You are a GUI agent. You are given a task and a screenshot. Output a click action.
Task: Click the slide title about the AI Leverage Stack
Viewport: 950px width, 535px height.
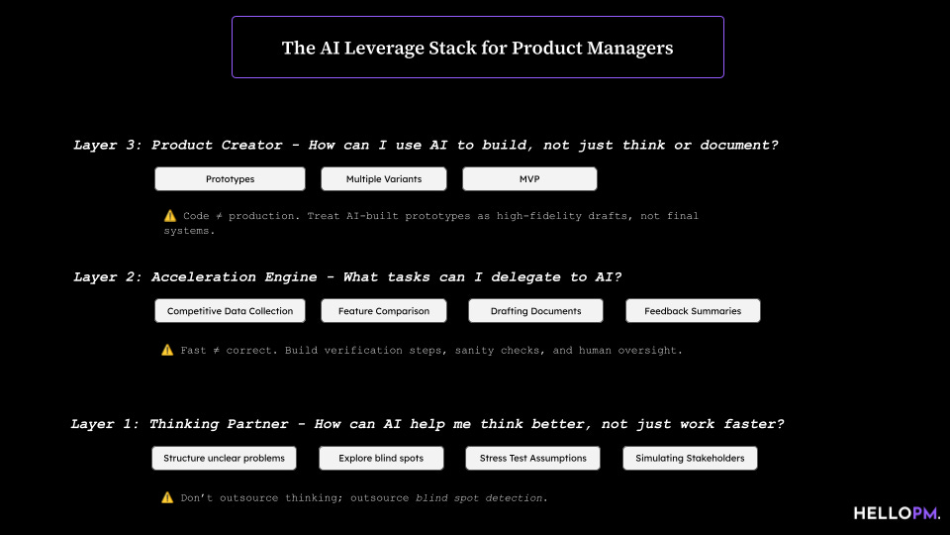477,48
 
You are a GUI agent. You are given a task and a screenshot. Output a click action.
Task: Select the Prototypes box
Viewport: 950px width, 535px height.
230,179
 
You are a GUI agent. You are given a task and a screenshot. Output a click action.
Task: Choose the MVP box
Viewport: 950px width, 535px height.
529,179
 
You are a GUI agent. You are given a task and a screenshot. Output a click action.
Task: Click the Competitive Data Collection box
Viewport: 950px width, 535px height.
230,311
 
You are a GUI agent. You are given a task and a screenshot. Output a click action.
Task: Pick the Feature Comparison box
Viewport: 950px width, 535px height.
384,311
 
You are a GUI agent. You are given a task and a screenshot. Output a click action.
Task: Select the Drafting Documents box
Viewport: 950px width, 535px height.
535,311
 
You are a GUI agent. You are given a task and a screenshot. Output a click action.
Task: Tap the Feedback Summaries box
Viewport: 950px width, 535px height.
693,311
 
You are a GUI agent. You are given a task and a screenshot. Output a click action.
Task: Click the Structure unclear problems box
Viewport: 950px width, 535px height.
224,458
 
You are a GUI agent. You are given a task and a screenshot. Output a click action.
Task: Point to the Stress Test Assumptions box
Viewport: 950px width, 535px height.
533,458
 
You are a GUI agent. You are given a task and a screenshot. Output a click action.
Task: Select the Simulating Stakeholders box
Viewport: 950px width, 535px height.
690,458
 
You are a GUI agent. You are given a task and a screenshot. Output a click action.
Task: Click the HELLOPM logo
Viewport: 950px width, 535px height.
897,512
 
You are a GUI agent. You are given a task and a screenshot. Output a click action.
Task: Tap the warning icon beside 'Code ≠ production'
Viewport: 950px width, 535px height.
169,215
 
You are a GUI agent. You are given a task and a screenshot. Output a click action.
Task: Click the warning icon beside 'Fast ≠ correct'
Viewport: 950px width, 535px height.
167,350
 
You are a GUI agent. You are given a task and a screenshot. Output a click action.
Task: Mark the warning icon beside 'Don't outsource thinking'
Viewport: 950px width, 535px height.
167,497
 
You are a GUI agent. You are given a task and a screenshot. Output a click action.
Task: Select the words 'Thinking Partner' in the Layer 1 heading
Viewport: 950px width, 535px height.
221,424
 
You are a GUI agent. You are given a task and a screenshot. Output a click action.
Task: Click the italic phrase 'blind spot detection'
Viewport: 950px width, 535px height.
479,497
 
